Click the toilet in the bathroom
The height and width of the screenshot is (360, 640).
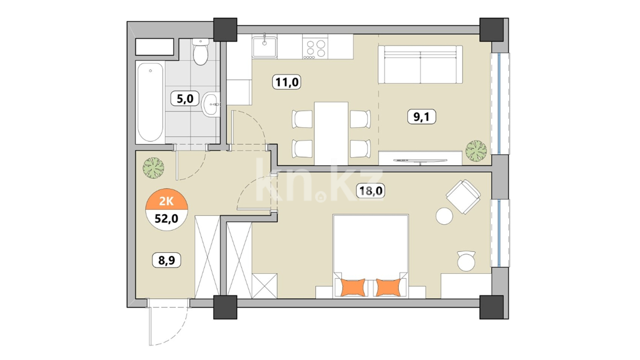(x=201, y=52)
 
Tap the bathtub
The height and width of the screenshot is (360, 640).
(x=150, y=102)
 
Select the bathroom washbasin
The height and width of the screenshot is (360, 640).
(x=211, y=104)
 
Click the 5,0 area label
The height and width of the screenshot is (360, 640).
(x=185, y=99)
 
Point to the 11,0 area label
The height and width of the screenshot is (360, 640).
(x=287, y=82)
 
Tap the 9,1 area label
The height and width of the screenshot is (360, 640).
(x=422, y=117)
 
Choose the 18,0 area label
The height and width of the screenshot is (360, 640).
(x=370, y=191)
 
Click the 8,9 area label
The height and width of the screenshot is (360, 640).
(x=167, y=260)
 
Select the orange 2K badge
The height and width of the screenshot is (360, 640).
(x=166, y=201)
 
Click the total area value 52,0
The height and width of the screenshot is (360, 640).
(x=166, y=219)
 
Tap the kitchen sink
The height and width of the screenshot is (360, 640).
(x=264, y=47)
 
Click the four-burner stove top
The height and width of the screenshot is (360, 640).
(x=315, y=49)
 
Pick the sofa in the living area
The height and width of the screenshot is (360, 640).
(x=420, y=64)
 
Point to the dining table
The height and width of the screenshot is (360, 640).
(x=331, y=133)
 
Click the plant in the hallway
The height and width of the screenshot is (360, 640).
(x=153, y=168)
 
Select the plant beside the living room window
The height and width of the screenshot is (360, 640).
(x=476, y=151)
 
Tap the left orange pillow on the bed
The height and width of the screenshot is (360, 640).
(x=353, y=287)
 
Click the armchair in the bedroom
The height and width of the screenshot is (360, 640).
(x=463, y=197)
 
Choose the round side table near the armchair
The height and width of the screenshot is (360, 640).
(x=444, y=216)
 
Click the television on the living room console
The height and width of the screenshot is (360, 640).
(x=420, y=161)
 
